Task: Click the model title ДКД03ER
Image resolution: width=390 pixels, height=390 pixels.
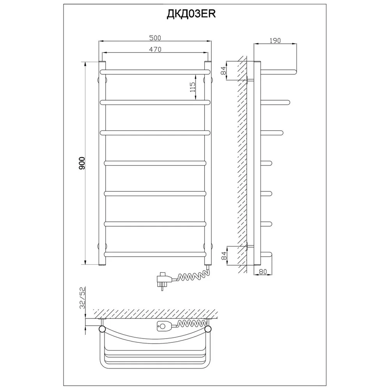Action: pyautogui.click(x=191, y=14)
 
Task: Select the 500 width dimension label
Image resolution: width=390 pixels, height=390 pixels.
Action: pyautogui.click(x=155, y=38)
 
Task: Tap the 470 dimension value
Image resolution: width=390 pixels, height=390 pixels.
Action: pyautogui.click(x=155, y=50)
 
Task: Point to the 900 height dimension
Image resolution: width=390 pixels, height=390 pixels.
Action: pyautogui.click(x=82, y=163)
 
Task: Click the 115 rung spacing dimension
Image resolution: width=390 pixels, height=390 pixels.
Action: pyautogui.click(x=193, y=87)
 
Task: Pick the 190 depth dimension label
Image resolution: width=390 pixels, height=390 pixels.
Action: pyautogui.click(x=275, y=40)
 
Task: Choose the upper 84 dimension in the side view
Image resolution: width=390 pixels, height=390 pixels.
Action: pyautogui.click(x=223, y=71)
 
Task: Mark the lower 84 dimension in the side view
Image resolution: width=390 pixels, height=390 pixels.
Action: pyautogui.click(x=223, y=256)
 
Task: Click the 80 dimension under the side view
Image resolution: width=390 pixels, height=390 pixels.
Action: pyautogui.click(x=262, y=271)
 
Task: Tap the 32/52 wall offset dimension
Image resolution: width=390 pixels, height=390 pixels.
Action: pyautogui.click(x=83, y=298)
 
